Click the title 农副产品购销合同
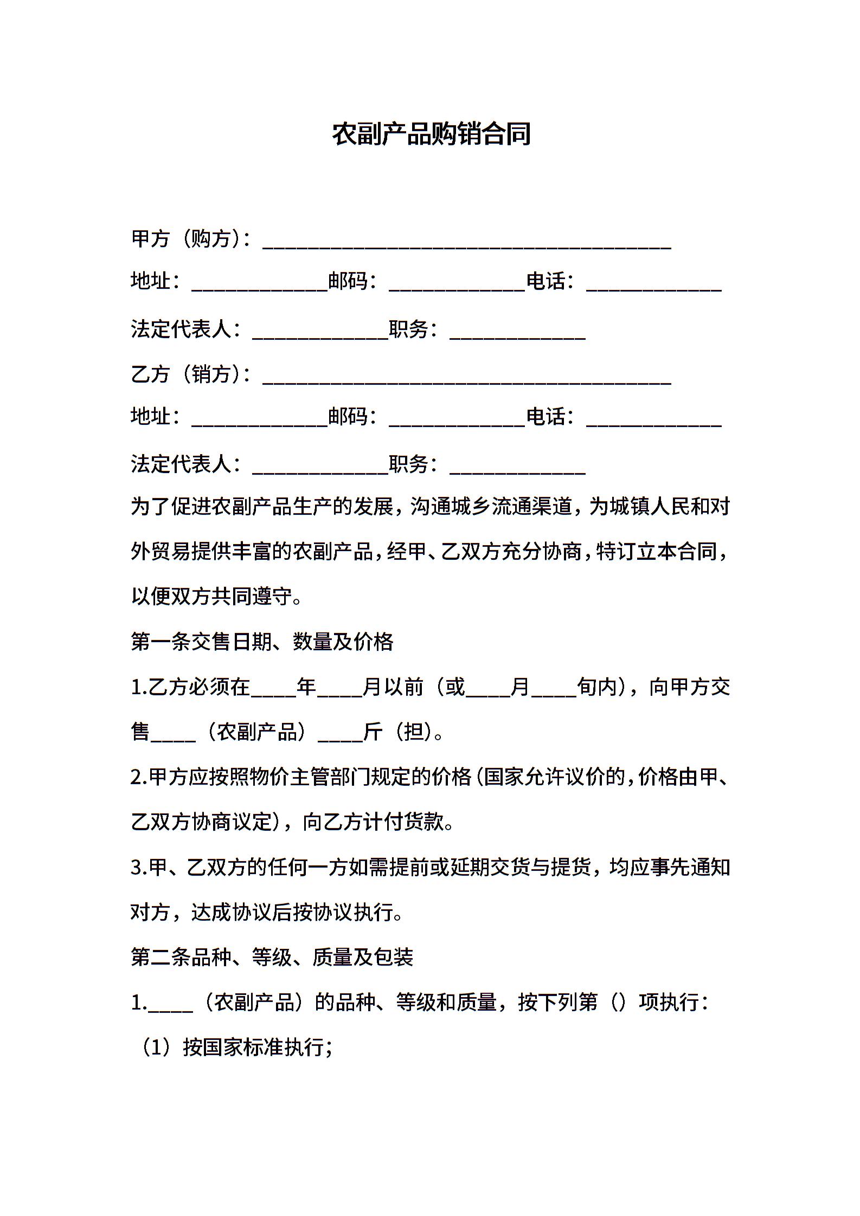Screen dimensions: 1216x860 pyautogui.click(x=431, y=134)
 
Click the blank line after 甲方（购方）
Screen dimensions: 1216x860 pyautogui.click(x=467, y=242)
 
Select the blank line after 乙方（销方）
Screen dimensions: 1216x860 pyautogui.click(x=467, y=377)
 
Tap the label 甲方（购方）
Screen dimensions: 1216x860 pyautogui.click(x=190, y=238)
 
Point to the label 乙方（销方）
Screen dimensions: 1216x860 pyautogui.click(x=190, y=374)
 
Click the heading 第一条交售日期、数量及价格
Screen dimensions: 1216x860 pyautogui.click(x=262, y=642)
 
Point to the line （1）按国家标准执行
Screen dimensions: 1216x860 pyautogui.click(x=236, y=1048)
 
